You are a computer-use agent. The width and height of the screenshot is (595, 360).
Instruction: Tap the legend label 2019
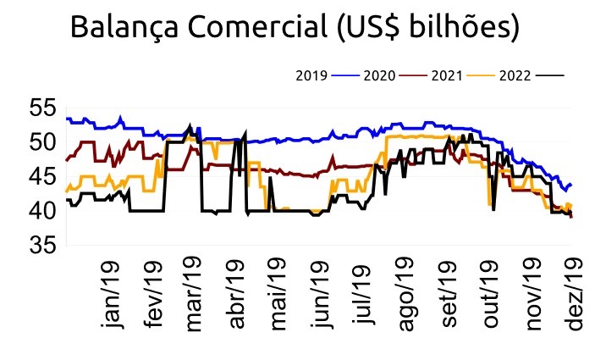(x=311, y=75)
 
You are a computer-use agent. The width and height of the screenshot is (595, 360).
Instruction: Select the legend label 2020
(x=378, y=75)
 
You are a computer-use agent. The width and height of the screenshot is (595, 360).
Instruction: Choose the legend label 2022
(x=515, y=75)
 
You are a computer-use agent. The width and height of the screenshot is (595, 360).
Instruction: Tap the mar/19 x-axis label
(x=196, y=298)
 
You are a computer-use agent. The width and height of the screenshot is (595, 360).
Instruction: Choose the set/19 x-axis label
(x=449, y=298)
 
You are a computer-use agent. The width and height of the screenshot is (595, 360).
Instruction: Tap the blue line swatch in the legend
(x=345, y=75)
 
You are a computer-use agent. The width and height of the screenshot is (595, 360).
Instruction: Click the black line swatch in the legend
(x=551, y=75)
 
